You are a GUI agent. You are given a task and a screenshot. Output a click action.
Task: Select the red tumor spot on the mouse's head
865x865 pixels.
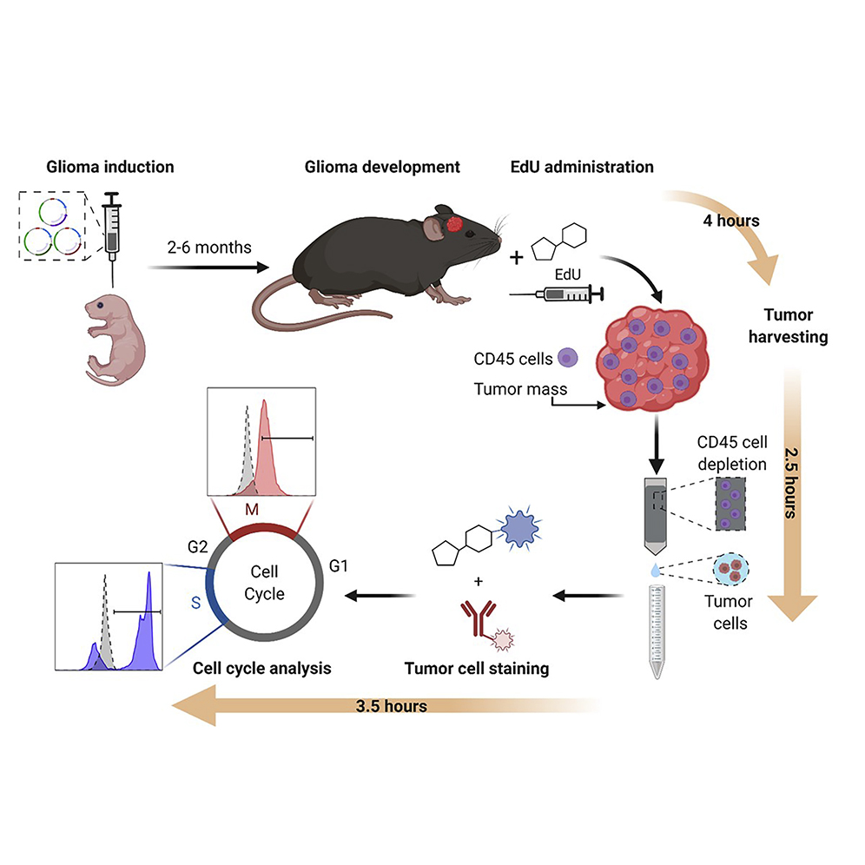(455, 225)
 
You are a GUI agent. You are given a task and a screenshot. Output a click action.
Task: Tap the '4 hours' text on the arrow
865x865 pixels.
(731, 221)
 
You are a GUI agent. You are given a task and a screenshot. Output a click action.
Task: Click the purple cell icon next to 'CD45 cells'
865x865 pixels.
(567, 358)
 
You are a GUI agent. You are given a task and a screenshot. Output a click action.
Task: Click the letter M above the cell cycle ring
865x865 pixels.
(251, 509)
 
